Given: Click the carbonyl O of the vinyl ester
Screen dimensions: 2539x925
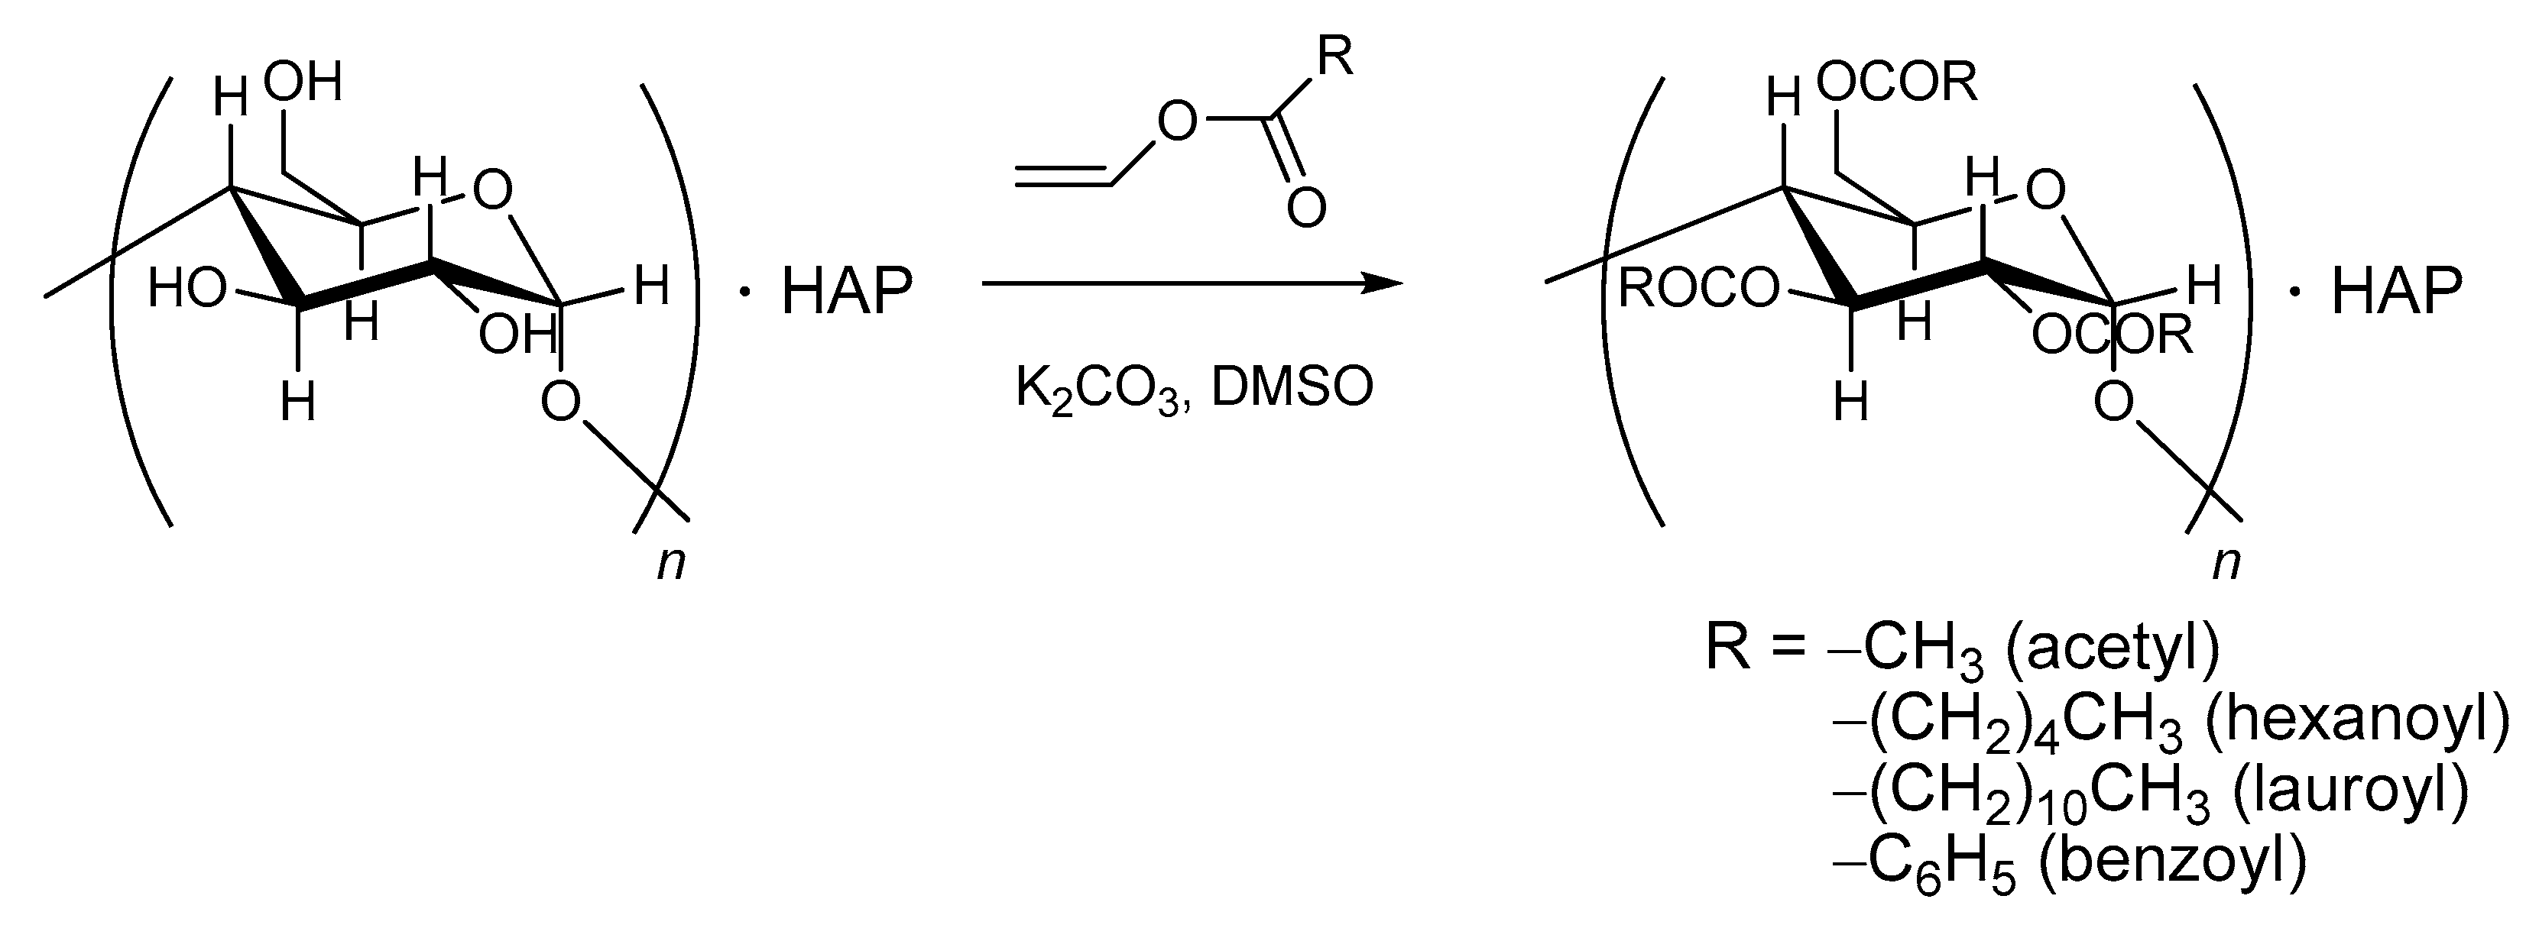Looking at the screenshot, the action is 1306,208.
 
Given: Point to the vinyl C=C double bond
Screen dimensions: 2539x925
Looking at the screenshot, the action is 1065,176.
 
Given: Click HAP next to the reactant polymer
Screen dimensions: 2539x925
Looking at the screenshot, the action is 847,292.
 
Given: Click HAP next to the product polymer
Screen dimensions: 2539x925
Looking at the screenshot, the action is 2396,292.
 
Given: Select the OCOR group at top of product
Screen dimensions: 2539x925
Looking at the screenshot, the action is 1897,82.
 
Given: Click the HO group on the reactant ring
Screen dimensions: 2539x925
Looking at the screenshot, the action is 187,289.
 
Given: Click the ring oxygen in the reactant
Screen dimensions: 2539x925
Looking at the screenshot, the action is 493,191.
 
